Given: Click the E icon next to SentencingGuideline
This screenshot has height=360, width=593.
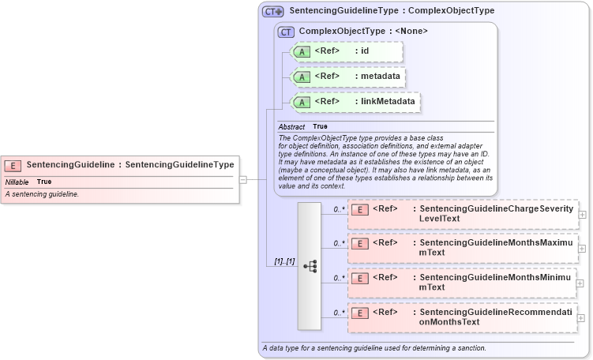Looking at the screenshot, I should click(x=13, y=165).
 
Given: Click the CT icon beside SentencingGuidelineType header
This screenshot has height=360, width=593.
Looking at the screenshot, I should click(x=272, y=11).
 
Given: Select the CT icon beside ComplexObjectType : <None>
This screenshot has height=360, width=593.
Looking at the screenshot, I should click(x=286, y=32).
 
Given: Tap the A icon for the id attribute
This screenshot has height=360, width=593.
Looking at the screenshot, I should click(x=302, y=52).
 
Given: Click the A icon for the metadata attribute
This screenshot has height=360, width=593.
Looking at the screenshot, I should click(x=302, y=77).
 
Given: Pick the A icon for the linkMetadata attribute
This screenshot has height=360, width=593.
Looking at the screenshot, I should click(x=302, y=102).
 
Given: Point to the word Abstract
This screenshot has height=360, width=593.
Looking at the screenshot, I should click(x=291, y=126).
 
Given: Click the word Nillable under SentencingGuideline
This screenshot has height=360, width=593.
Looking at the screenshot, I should click(x=17, y=182).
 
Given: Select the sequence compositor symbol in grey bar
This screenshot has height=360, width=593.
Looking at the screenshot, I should click(x=310, y=266).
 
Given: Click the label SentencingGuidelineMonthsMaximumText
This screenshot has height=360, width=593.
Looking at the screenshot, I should click(x=496, y=247).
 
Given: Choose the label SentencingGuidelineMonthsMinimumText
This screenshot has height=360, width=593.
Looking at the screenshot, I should click(x=494, y=282).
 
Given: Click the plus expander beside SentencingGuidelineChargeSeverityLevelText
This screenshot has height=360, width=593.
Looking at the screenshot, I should click(x=582, y=214).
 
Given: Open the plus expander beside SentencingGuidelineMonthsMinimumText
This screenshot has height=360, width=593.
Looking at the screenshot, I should click(x=582, y=283).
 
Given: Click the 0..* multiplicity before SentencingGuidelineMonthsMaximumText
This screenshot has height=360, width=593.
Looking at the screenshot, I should click(x=339, y=243).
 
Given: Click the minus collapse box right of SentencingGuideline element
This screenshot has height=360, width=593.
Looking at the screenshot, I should click(x=243, y=179).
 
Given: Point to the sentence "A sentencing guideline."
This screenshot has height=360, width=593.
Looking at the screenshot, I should click(x=42, y=194).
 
